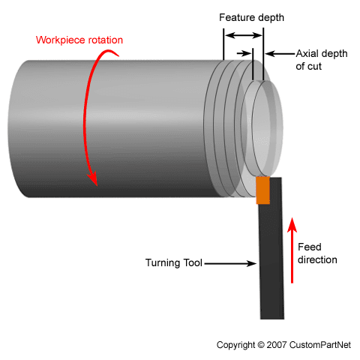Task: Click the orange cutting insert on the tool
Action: click(x=262, y=190)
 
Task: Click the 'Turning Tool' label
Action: click(x=173, y=263)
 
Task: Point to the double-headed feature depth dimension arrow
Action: click(x=243, y=35)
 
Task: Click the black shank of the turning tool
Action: click(x=271, y=262)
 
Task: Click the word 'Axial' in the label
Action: click(x=307, y=54)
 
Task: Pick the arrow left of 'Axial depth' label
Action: click(x=280, y=54)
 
